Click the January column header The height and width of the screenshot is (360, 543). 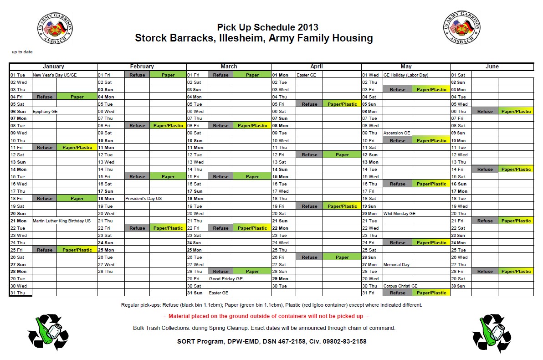click(53, 67)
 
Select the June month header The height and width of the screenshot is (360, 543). click(492, 67)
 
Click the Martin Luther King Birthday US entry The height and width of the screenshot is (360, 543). click(61, 221)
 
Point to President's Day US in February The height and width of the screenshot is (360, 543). click(143, 199)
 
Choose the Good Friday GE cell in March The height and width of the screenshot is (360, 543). click(225, 278)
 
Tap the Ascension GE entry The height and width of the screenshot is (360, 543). click(397, 133)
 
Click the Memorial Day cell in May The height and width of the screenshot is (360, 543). click(396, 264)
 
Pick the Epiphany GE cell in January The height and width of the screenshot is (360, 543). click(45, 111)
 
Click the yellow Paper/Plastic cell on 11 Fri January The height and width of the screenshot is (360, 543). click(77, 148)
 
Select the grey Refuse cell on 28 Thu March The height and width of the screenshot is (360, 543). click(220, 272)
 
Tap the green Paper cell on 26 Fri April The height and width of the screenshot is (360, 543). click(342, 257)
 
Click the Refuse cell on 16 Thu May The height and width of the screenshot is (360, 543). click(397, 184)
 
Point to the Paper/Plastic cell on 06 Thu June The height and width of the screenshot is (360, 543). click(516, 111)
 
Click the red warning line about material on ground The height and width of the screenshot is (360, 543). click(266, 316)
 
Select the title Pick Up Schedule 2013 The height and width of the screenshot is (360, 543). click(267, 27)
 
